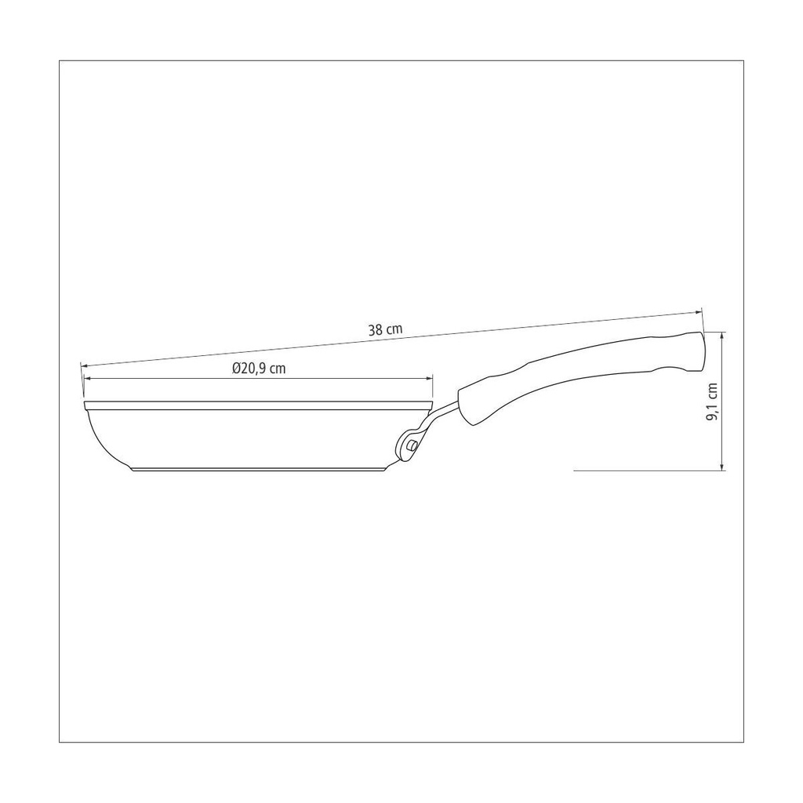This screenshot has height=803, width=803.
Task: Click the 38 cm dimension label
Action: (x=385, y=329)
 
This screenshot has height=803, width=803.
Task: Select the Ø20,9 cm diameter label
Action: (x=258, y=369)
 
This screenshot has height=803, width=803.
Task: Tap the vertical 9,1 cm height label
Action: (x=712, y=402)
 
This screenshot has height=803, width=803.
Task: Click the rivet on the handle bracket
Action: (x=411, y=446)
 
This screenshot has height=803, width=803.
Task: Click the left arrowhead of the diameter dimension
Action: (x=87, y=379)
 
